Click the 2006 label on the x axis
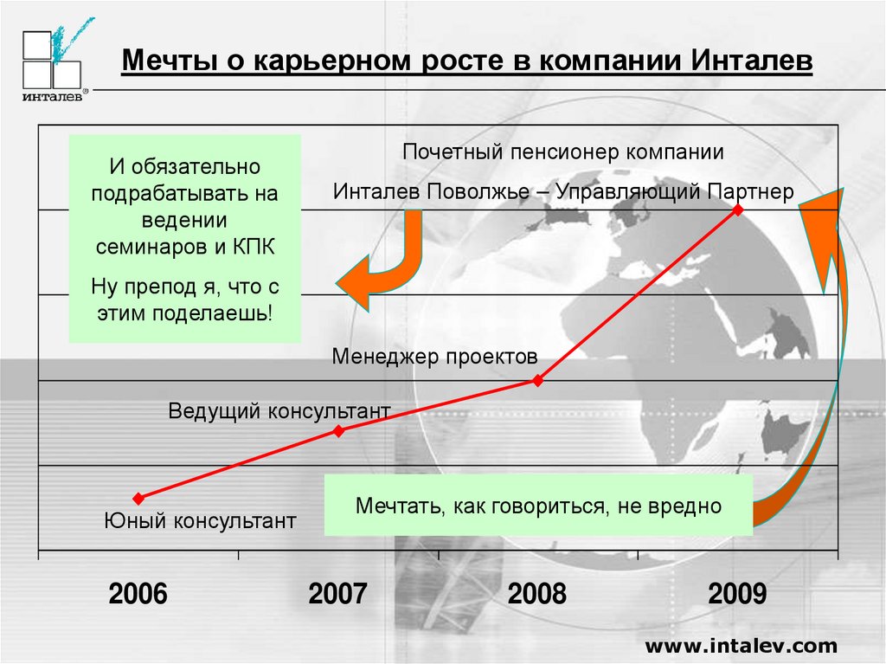[138, 595]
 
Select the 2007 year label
[337, 595]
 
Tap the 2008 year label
[537, 595]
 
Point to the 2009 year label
[737, 595]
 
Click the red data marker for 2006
[138, 498]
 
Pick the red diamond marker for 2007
[338, 429]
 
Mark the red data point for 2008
[538, 380]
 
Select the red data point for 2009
[737, 210]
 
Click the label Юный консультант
[200, 522]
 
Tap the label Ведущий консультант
[279, 410]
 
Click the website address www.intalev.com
[742, 645]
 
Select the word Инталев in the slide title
[752, 62]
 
